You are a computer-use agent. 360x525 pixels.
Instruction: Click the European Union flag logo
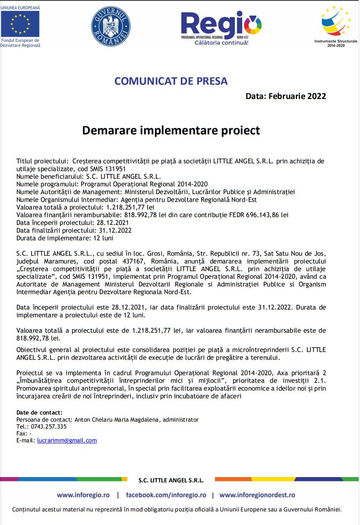20,24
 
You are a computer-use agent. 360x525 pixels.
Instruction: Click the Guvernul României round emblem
111,26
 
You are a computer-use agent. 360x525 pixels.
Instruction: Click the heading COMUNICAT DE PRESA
171,81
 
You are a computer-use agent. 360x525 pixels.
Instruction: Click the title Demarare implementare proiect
171,130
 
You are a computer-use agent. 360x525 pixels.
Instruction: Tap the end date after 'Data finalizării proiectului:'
116,230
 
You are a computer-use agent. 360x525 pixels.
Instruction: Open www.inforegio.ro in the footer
83,495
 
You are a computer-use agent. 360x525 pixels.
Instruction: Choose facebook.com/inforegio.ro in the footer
166,495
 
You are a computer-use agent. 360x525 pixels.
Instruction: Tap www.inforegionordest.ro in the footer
257,495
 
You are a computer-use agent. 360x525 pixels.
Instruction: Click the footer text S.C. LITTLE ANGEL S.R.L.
171,480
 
